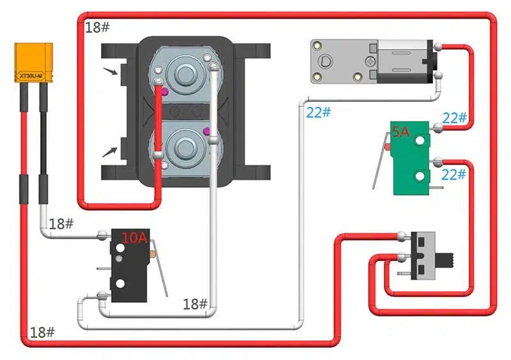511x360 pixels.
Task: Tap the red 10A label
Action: click(135, 239)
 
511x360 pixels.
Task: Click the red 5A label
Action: click(401, 132)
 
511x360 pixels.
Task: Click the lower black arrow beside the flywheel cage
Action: click(111, 152)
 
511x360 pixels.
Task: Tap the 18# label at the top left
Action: click(97, 27)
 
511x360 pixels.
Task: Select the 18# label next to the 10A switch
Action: click(61, 224)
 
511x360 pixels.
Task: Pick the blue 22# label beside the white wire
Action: click(318, 112)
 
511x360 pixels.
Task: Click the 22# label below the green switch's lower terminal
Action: click(454, 174)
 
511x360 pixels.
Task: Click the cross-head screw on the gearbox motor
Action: click(370, 62)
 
